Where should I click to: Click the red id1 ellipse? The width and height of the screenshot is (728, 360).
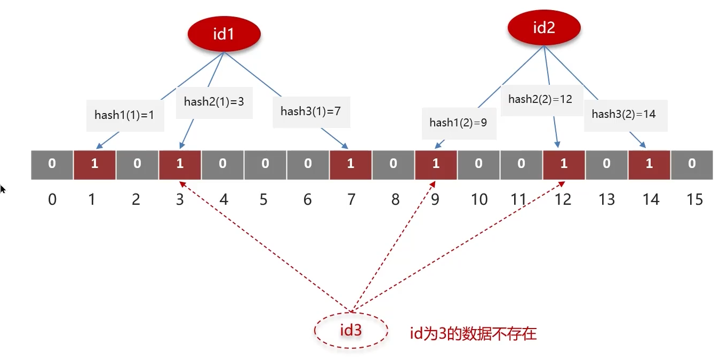point(223,34)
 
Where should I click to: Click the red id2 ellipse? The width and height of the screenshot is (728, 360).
point(543,28)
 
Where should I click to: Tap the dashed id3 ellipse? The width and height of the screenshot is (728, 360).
point(350,331)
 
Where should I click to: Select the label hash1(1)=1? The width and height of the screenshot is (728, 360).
point(125,115)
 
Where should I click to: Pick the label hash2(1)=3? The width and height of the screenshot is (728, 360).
point(214,101)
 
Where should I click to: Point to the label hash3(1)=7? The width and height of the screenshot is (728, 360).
point(310,111)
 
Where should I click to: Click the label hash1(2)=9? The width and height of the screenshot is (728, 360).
point(458,123)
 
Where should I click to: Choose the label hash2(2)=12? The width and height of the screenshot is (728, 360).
point(540,99)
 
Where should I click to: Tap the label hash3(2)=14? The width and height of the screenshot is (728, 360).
point(623,114)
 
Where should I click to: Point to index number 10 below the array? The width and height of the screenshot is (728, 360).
point(479,199)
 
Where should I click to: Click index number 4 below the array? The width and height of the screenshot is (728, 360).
point(223,199)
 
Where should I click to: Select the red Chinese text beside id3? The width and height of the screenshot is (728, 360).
point(473,334)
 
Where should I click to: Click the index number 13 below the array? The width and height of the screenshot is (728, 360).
point(606,199)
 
